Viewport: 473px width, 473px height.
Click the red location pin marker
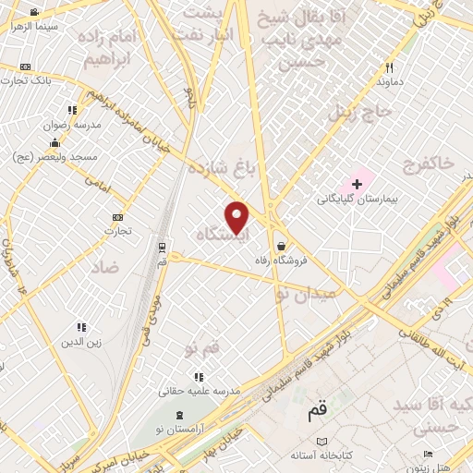[237, 216]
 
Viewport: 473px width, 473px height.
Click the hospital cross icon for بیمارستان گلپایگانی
[357, 185]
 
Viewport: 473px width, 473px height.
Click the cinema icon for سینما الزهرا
[35, 13]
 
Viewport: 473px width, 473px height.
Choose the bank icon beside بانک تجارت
[25, 67]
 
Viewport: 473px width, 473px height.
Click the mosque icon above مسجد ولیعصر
[55, 143]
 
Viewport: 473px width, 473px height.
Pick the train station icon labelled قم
[163, 248]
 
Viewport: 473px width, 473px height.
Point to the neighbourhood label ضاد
[105, 266]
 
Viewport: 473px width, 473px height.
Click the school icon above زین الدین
[81, 327]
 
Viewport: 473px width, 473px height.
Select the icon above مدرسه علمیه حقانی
[198, 377]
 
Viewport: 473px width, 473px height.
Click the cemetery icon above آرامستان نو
[179, 415]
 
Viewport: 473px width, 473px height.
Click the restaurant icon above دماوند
[389, 67]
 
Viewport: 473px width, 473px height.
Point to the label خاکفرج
[429, 164]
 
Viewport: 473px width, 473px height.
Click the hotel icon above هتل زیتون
[428, 454]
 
